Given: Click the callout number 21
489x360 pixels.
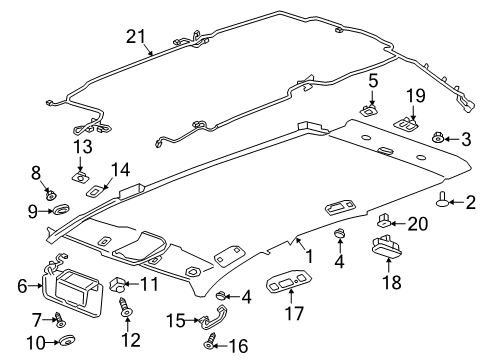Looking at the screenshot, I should pyautogui.click(x=137, y=37).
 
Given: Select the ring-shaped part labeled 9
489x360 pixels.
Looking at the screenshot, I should pyautogui.click(x=61, y=211).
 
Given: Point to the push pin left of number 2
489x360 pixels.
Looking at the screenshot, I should pyautogui.click(x=445, y=203).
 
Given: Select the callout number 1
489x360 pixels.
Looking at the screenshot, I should pyautogui.click(x=309, y=257).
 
